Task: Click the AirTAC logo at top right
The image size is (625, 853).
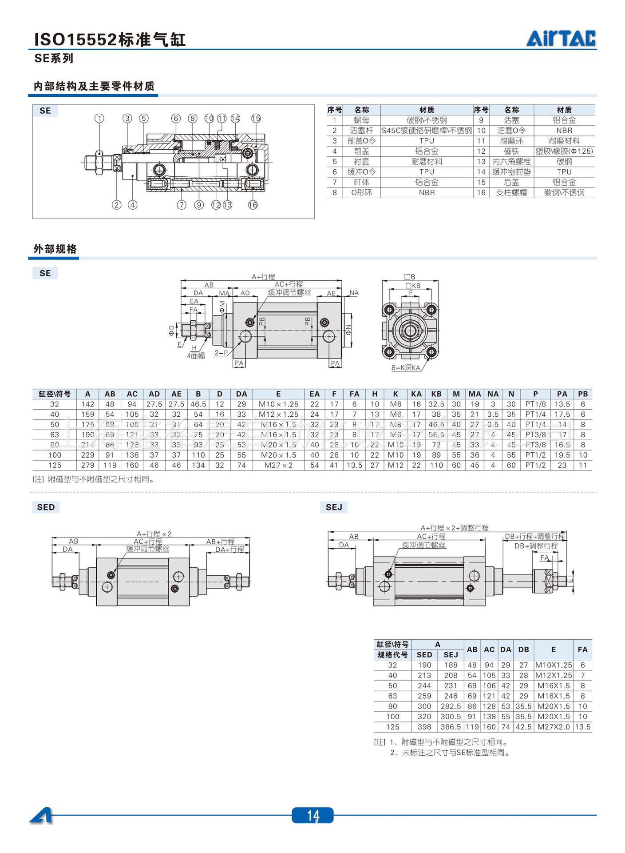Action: point(561,39)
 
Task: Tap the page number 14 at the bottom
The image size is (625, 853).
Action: point(312,815)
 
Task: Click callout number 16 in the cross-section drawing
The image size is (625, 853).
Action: point(253,205)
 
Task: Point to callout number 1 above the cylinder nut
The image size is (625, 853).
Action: point(99,118)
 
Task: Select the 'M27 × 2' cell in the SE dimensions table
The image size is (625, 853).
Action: point(278,465)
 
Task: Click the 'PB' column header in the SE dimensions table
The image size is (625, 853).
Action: point(583,394)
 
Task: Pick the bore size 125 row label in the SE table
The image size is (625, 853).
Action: point(55,465)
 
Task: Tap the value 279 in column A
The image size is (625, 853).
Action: point(88,465)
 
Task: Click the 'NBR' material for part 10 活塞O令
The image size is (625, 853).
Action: point(564,131)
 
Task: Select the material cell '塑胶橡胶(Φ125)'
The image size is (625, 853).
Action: point(564,151)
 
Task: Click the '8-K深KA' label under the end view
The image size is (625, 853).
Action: point(406,368)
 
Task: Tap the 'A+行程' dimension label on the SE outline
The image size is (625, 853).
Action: point(263,277)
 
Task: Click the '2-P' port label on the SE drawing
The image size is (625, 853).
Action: point(221,353)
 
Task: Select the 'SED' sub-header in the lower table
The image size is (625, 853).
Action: point(424,655)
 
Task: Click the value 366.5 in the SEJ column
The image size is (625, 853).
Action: point(451,727)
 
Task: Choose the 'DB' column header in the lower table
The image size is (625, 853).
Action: point(524,650)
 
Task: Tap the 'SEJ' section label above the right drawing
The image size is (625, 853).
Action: point(334,507)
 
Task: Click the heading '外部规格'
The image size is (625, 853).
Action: point(55,249)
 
